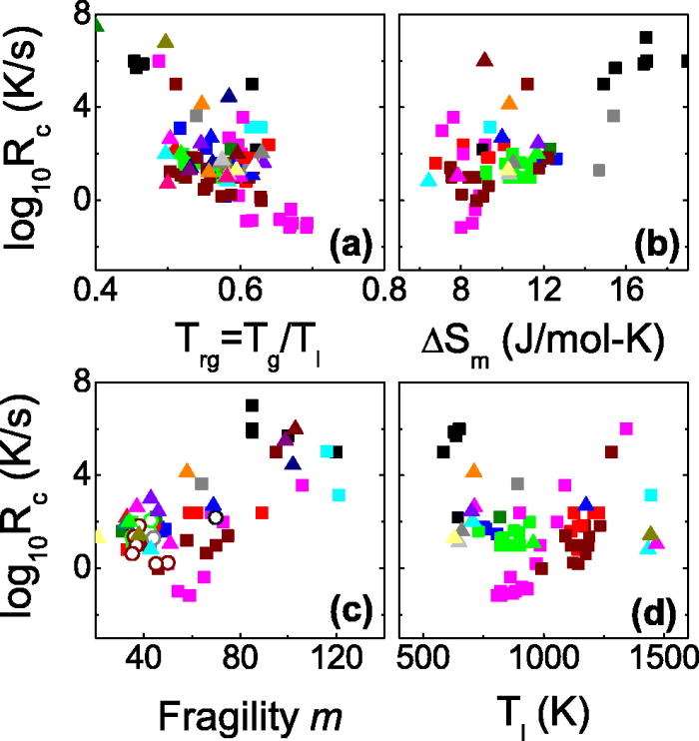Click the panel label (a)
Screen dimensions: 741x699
[x=351, y=242]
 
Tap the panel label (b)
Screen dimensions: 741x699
[x=657, y=242]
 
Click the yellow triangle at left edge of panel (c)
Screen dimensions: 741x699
[x=98, y=535]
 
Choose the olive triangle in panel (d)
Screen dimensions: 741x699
[x=651, y=533]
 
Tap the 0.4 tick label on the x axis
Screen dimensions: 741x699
[x=97, y=286]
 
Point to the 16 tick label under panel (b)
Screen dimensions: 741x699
[x=626, y=286]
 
